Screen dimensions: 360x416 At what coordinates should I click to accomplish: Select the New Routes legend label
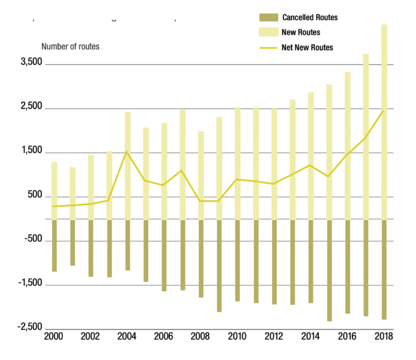click(301, 32)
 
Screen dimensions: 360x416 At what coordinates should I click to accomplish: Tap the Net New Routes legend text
click(307, 48)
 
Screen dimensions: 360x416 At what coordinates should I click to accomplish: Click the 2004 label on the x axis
click(127, 336)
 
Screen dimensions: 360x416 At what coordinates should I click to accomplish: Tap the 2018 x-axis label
click(383, 336)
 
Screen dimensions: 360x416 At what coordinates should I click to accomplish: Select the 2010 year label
click(237, 336)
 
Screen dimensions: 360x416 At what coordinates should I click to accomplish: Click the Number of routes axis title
click(70, 46)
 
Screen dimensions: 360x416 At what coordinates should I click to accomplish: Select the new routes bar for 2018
click(384, 122)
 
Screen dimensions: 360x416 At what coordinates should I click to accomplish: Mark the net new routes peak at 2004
click(126, 152)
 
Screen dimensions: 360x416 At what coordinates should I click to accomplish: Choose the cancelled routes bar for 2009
click(219, 265)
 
